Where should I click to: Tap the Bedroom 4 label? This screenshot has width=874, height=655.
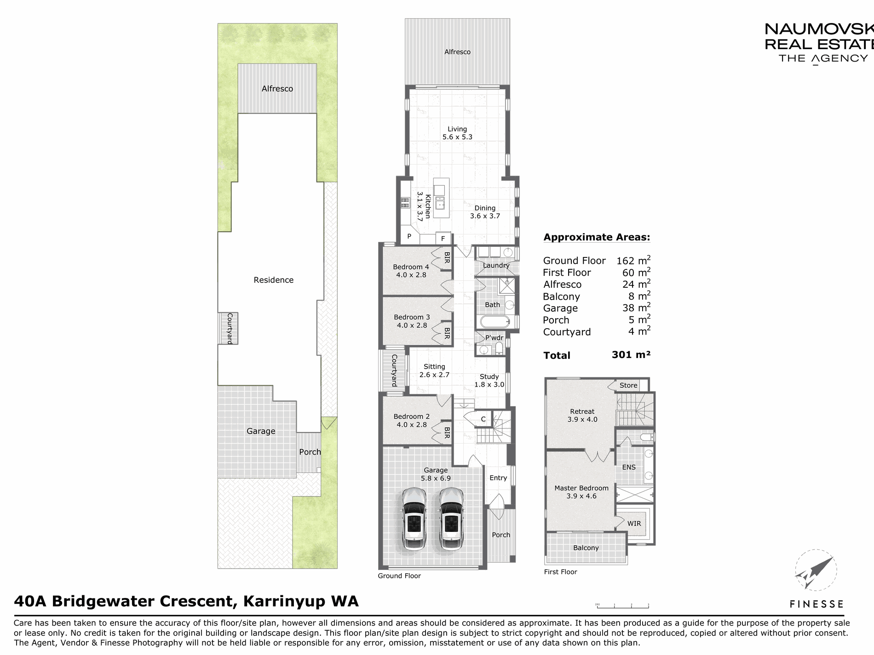(x=411, y=267)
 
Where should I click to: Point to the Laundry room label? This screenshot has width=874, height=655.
(x=496, y=265)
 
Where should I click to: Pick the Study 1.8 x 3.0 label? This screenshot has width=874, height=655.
(x=489, y=381)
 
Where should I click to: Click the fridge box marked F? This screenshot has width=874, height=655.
(x=443, y=238)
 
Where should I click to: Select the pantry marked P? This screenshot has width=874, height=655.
(x=409, y=237)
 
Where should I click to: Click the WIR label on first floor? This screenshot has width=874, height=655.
(x=634, y=523)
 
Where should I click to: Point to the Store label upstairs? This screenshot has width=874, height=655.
(x=628, y=385)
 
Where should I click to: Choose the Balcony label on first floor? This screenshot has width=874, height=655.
(x=586, y=548)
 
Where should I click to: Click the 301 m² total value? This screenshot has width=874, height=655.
(x=631, y=354)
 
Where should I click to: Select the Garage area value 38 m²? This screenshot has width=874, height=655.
(x=636, y=307)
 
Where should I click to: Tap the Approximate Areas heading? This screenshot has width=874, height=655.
(x=597, y=237)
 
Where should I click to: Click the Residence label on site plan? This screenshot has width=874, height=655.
(x=274, y=280)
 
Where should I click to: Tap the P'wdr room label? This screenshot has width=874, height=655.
(x=494, y=338)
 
